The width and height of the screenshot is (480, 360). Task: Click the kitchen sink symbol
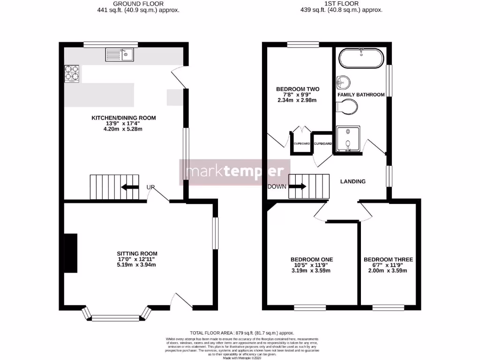tap(120, 55)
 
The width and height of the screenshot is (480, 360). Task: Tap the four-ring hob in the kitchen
tap(71, 74)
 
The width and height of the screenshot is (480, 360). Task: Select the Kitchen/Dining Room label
tap(123, 118)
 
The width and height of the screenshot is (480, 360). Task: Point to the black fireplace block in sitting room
tap(71, 253)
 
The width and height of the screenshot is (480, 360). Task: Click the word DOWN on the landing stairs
tap(277, 186)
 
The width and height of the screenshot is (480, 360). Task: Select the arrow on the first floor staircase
tap(297, 186)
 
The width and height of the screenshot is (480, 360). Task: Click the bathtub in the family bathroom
tap(361, 59)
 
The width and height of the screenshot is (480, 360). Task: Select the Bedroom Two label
tap(298, 89)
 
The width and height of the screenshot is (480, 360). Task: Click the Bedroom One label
tap(312, 259)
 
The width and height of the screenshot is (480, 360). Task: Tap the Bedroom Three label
tap(388, 259)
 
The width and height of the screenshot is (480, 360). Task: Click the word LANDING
tap(353, 181)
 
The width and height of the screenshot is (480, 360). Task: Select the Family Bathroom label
tap(361, 95)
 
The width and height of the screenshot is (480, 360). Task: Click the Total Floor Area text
tap(242, 332)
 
